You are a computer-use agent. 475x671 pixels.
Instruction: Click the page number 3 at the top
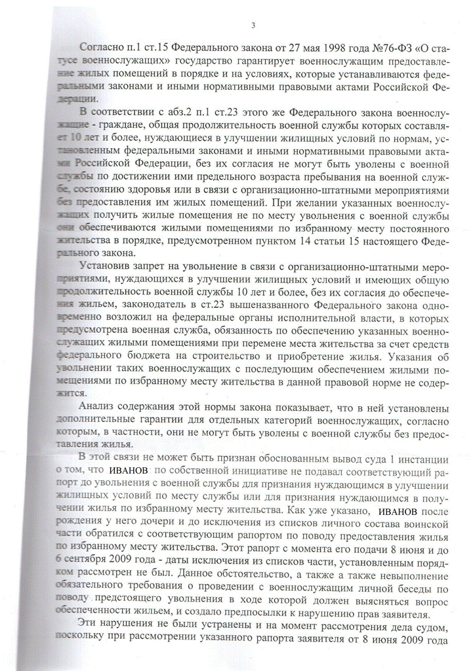[253, 26]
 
